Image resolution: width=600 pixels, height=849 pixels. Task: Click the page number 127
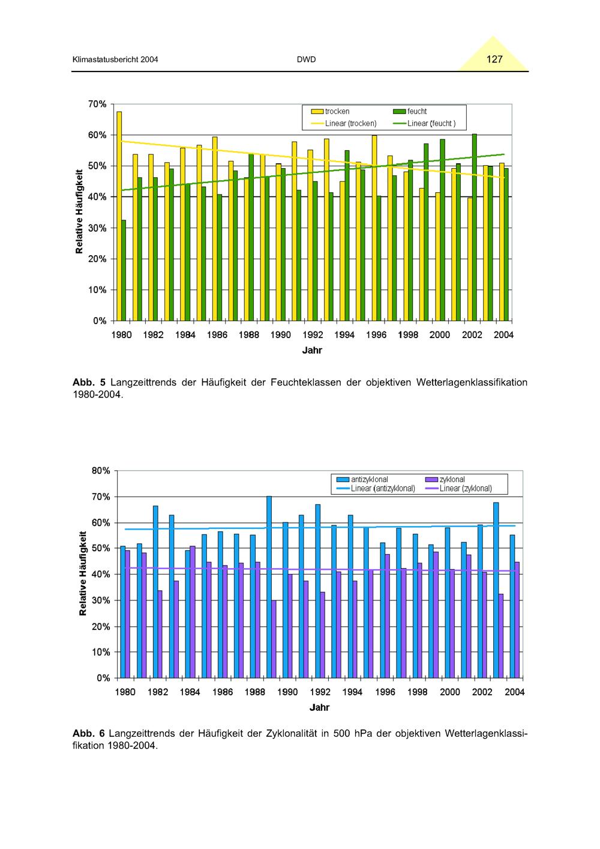tap(494, 59)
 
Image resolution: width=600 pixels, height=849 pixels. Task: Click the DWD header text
tap(306, 59)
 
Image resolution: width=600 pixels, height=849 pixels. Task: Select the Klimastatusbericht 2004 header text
tap(115, 59)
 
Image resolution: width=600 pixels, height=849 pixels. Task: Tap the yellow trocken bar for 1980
tap(119, 216)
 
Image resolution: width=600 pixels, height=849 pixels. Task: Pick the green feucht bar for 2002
tap(474, 228)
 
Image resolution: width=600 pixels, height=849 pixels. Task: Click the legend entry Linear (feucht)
tap(424, 124)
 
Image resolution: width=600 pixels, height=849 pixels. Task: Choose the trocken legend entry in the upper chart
tap(330, 112)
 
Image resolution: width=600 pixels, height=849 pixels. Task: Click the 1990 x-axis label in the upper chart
tap(281, 334)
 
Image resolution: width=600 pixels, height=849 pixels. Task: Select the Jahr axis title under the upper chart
tap(312, 350)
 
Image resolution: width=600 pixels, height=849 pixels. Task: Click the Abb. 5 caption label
tap(89, 382)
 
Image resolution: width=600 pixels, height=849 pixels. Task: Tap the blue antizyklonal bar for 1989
tap(269, 587)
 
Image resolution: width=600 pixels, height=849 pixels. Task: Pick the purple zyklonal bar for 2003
tap(501, 636)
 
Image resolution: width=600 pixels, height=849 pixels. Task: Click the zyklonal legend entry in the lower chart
tap(445, 480)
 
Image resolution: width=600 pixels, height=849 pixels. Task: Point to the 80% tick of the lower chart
tap(101, 471)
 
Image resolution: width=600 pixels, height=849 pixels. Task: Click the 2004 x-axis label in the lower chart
tap(514, 692)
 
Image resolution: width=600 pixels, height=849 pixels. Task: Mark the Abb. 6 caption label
tap(88, 733)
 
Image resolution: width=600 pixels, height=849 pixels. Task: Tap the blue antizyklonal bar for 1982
tap(155, 591)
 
